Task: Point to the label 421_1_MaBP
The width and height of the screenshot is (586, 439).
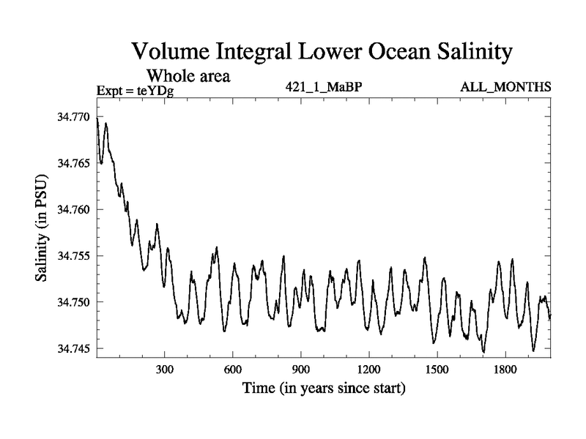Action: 324,88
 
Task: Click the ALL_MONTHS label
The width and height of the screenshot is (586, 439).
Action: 505,88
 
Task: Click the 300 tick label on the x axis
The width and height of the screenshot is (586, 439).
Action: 165,370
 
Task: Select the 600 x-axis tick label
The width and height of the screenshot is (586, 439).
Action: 233,370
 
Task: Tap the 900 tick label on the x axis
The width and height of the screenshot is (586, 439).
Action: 301,370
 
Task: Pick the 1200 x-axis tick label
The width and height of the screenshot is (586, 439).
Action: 368,370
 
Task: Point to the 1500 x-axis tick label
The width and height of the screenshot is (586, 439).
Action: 437,370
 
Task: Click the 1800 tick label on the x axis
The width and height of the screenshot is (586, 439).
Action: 505,370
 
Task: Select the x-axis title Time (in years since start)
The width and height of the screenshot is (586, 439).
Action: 324,389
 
